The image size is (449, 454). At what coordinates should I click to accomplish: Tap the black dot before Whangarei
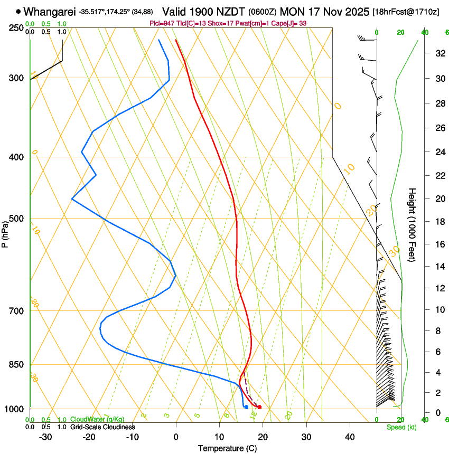pyautogui.click(x=18, y=11)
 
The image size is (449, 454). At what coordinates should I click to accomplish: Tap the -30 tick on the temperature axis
pyautogui.click(x=45, y=437)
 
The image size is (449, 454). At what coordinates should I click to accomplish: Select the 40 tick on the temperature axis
pyautogui.click(x=349, y=437)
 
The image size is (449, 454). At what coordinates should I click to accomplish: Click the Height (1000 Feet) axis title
pyautogui.click(x=412, y=224)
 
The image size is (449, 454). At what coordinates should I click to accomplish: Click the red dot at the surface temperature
pyautogui.click(x=259, y=407)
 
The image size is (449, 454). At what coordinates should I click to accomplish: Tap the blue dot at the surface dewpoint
pyautogui.click(x=246, y=406)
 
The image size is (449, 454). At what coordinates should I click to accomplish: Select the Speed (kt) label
pyautogui.click(x=401, y=427)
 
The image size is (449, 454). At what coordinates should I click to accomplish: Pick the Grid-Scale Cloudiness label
pyautogui.click(x=102, y=427)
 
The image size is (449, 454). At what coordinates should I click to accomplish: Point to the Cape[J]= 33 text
pyautogui.click(x=289, y=23)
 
